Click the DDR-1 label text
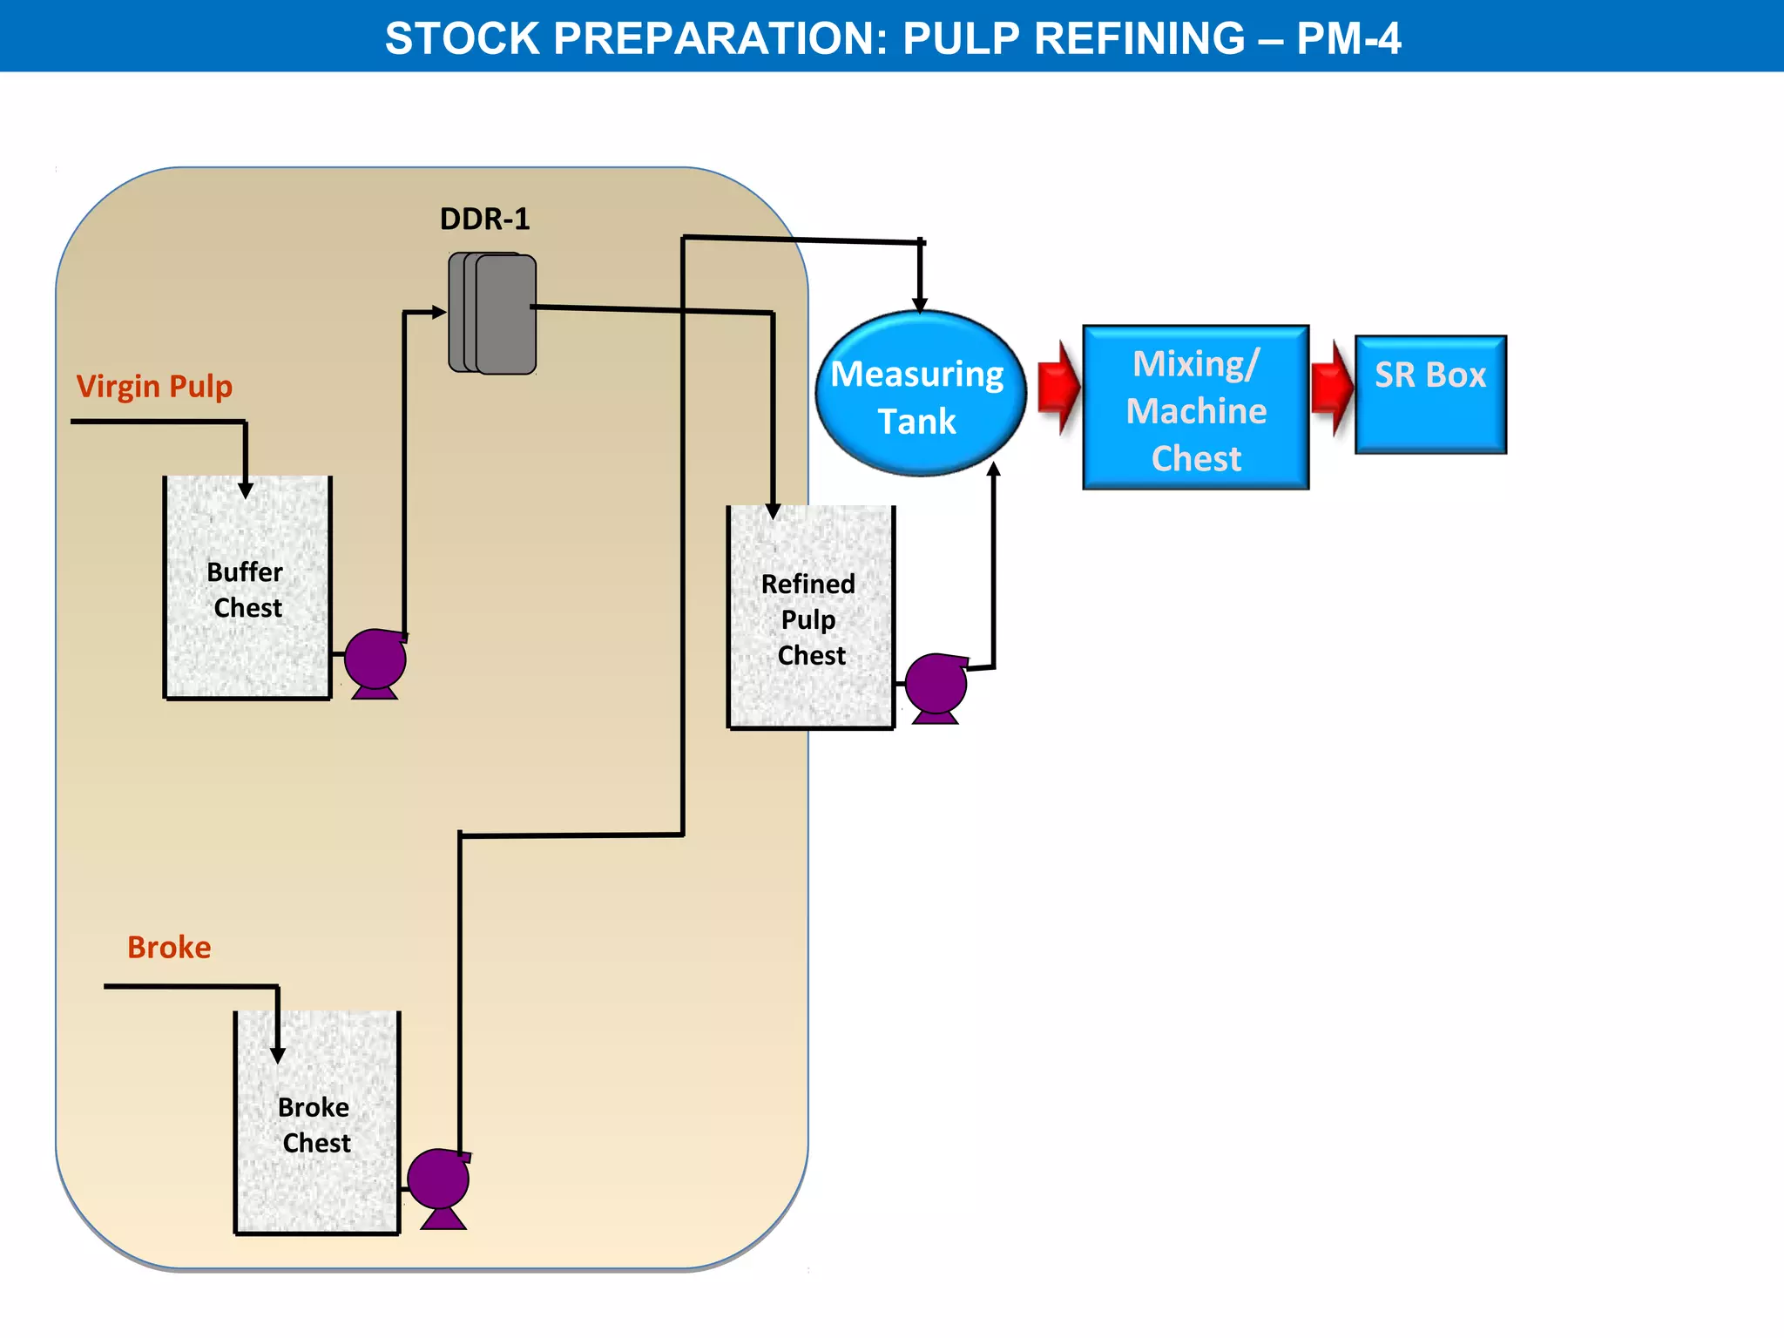click(x=484, y=219)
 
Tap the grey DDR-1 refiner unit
click(x=493, y=314)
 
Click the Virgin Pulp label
click(x=154, y=386)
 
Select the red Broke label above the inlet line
click(x=169, y=947)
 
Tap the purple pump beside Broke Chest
click(x=439, y=1181)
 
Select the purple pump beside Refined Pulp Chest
click(x=936, y=685)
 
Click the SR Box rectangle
click(x=1430, y=394)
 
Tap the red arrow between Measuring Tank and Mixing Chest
click(x=1058, y=388)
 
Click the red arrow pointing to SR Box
click(x=1332, y=388)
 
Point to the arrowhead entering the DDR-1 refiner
click(x=439, y=312)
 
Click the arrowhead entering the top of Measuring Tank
click(x=920, y=304)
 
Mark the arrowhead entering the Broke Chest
click(x=278, y=1056)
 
